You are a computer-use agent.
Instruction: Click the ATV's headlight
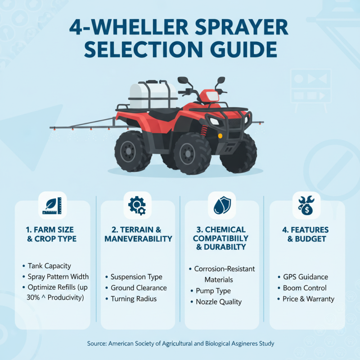(214, 121)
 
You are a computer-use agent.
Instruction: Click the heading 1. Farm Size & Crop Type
(52, 234)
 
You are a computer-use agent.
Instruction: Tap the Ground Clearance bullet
(139, 288)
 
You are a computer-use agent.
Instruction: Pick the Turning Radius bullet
(134, 298)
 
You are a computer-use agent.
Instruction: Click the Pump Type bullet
(213, 291)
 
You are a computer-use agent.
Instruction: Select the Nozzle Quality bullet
(218, 302)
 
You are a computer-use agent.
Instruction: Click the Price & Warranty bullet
(308, 298)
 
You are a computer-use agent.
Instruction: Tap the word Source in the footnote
(96, 343)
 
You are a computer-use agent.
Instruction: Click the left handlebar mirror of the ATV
(183, 81)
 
